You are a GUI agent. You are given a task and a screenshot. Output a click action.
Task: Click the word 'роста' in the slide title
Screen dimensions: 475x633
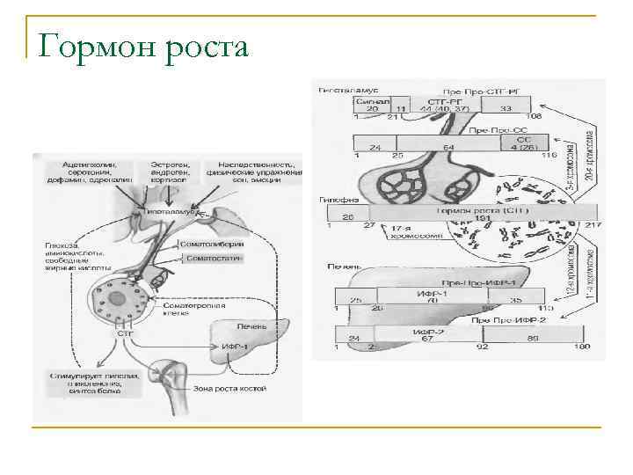(x=205, y=47)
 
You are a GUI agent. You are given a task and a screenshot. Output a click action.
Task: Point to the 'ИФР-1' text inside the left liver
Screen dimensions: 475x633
(x=234, y=347)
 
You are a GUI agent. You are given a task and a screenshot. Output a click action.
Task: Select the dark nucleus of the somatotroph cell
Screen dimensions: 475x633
(x=117, y=300)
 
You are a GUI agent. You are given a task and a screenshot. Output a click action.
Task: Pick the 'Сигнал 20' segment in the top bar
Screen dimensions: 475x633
(x=372, y=105)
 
